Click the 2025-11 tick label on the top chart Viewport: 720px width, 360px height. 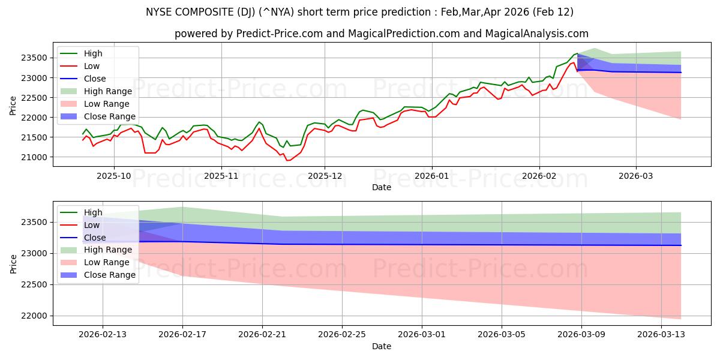221,176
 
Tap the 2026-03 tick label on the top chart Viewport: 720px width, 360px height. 636,176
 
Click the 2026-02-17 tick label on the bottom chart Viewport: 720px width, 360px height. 183,334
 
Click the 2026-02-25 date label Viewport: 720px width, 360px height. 342,334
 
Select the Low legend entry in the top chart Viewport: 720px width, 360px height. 92,66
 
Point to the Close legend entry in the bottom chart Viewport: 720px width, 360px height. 95,238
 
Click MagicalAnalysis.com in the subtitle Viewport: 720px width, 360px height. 539,34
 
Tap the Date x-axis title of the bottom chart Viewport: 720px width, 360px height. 382,346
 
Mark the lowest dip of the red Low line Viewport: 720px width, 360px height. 287,160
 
